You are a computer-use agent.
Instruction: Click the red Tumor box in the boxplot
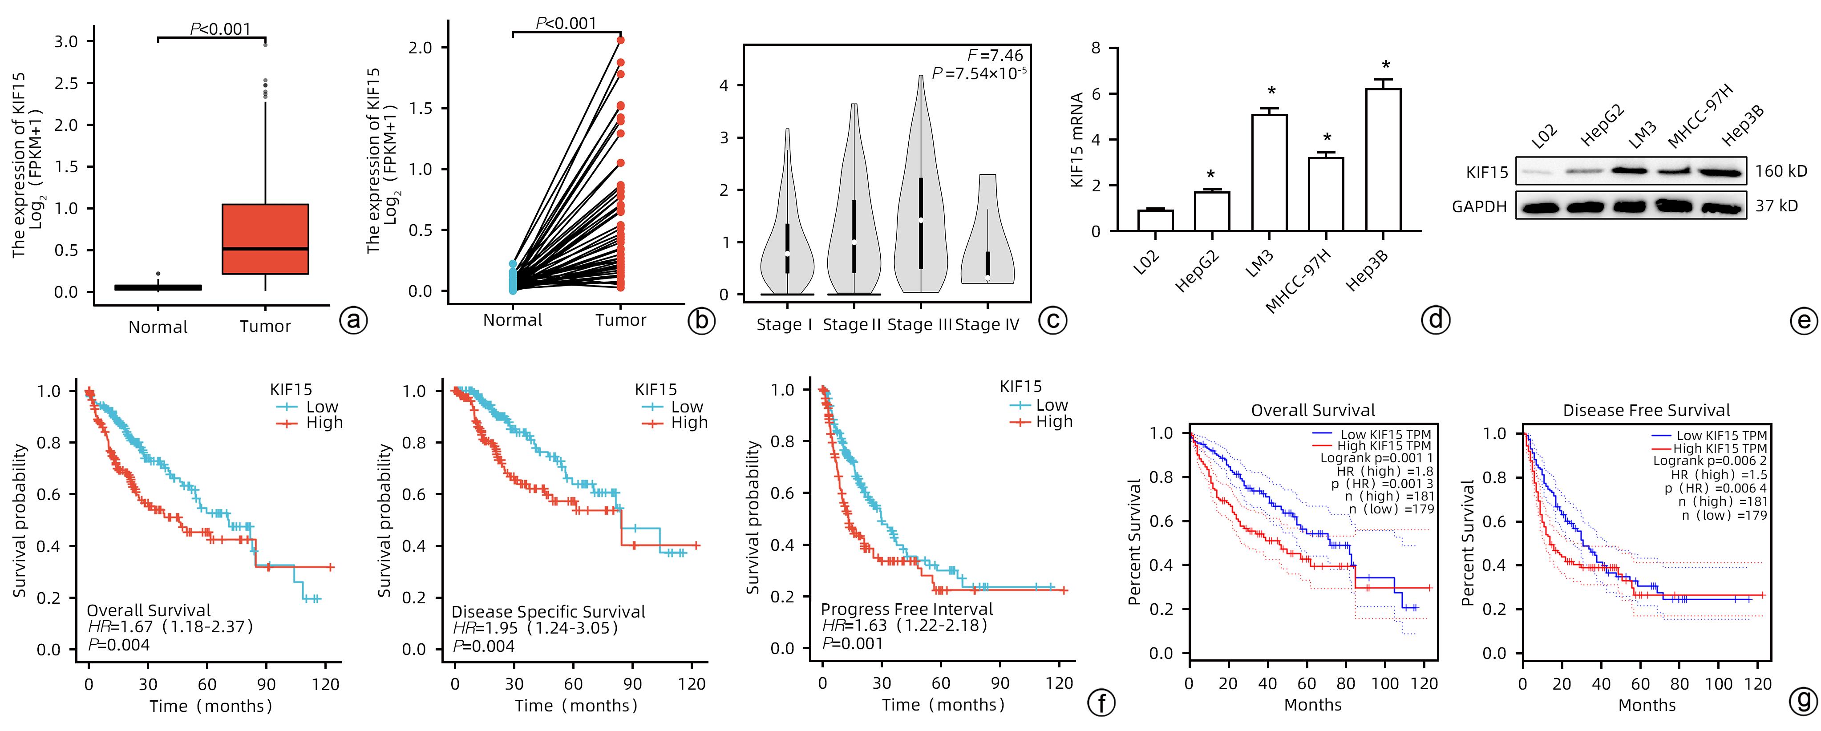pos(265,239)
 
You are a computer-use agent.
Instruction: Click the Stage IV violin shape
pos(987,233)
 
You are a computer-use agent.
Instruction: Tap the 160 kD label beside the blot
pos(1781,171)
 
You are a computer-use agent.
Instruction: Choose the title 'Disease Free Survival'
pos(1647,411)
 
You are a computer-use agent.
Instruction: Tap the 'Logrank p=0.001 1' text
pos(1376,458)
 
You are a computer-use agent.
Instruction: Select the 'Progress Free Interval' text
pos(906,610)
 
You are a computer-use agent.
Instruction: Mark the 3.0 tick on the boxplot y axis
pos(66,42)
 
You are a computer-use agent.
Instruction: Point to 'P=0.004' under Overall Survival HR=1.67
pos(119,644)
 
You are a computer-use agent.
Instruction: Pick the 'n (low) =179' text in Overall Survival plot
pos(1391,509)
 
